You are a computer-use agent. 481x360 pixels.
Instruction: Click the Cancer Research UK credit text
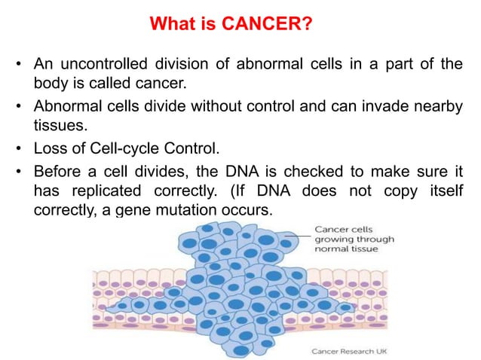[350, 350]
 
